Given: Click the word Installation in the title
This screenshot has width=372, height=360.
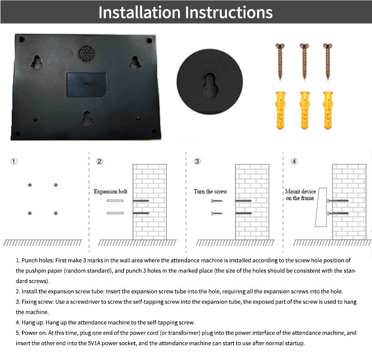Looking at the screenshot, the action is click(x=139, y=12).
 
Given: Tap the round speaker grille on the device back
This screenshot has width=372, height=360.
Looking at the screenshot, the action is click(x=86, y=53).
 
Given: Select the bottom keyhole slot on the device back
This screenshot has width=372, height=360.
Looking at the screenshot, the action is click(x=87, y=118).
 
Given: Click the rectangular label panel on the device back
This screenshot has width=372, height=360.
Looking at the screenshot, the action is click(x=86, y=85).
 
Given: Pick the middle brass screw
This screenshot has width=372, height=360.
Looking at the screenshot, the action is click(x=304, y=62).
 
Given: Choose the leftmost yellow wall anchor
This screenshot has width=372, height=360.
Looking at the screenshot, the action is click(x=281, y=110).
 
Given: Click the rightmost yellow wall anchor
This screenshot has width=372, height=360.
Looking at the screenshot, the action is click(x=328, y=110).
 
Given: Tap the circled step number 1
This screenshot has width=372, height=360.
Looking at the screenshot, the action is click(x=14, y=161).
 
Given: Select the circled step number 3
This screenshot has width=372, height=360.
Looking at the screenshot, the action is click(x=197, y=161).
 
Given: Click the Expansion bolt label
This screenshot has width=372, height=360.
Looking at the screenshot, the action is click(x=111, y=192).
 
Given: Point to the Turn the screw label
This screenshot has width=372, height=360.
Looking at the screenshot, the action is click(x=210, y=192).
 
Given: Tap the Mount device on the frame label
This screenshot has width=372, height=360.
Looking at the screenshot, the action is click(x=300, y=195).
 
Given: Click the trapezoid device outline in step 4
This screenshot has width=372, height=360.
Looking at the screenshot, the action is click(x=321, y=207).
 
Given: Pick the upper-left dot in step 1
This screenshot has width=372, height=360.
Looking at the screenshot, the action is click(x=30, y=185).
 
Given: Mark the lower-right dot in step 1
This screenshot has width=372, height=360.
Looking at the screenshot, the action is click(x=56, y=213).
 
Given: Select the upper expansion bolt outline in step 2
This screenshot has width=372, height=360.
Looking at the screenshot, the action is click(x=115, y=201).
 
